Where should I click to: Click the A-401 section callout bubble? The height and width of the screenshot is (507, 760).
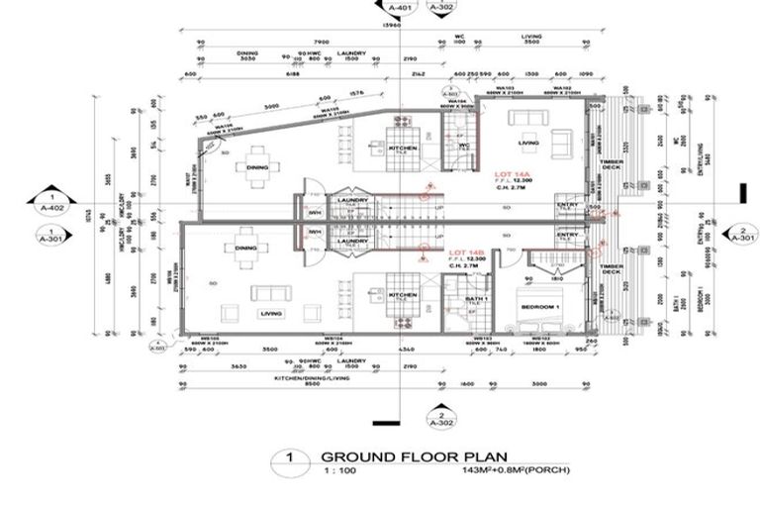(x=399, y=8)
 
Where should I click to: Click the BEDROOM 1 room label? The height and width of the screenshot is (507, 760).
(x=541, y=293)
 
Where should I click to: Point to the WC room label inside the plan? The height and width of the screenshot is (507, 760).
(x=462, y=145)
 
